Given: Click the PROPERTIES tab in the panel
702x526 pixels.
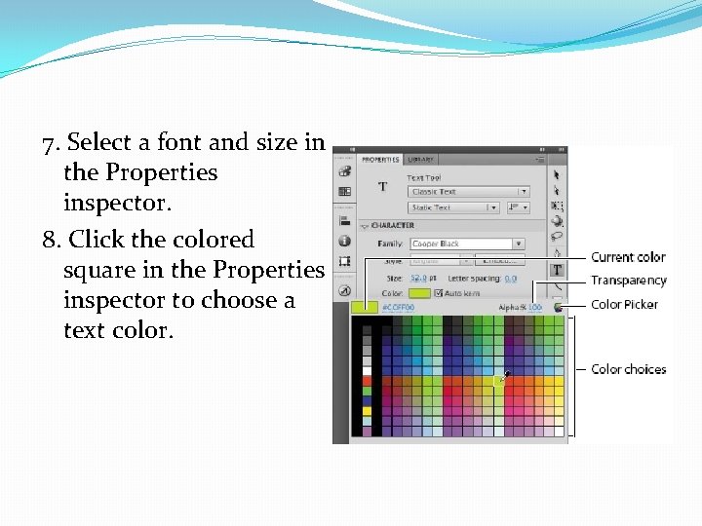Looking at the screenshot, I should point(380,160).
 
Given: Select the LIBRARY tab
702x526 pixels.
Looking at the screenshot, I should point(421,160).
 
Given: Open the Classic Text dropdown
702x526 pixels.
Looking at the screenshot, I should point(468,192).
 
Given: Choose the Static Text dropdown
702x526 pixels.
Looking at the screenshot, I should point(453,207).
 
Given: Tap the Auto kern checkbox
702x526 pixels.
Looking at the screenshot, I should point(439,292).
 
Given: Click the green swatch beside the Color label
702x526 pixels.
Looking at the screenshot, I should point(419,292).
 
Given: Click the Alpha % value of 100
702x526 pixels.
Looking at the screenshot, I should point(535,308).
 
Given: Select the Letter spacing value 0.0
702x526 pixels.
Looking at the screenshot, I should point(510,278).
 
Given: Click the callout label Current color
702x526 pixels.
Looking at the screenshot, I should point(628,257).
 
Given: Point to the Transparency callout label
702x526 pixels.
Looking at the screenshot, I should point(628,281).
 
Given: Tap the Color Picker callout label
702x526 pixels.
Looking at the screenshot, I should point(624,304).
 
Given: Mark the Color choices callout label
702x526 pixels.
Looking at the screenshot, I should point(628,369).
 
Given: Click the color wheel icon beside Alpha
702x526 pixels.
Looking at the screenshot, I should point(558,306).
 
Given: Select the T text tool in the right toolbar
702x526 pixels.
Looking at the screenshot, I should point(557,270).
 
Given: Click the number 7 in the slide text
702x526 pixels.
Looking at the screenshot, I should point(49,143).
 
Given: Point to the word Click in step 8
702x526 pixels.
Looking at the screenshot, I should point(96,240).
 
